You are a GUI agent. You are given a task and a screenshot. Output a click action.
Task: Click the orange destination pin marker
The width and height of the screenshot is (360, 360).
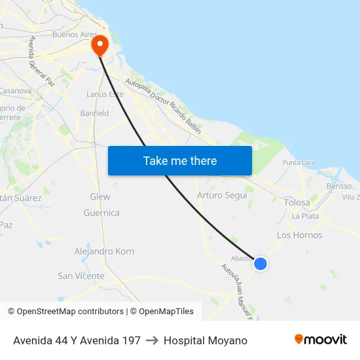click(99, 45)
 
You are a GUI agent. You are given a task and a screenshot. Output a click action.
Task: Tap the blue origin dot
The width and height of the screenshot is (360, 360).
click(261, 264)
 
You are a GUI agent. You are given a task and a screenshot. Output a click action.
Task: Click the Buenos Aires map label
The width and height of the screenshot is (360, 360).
click(75, 34)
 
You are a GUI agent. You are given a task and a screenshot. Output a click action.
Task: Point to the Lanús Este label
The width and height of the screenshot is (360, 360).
click(105, 94)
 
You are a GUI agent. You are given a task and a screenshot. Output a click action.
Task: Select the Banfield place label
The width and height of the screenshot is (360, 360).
click(94, 113)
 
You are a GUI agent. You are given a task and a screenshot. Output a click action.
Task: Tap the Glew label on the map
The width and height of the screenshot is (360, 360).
click(99, 196)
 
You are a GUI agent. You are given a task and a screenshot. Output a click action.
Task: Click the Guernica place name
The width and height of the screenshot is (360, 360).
click(101, 213)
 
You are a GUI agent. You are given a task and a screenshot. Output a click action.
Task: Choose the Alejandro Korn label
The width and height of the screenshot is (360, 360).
click(104, 251)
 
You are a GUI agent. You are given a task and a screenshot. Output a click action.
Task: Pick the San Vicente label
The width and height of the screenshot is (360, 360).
click(81, 276)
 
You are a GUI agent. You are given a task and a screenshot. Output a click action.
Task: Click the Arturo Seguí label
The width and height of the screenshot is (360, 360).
click(222, 195)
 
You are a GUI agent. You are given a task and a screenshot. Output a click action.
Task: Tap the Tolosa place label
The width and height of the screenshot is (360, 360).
click(297, 203)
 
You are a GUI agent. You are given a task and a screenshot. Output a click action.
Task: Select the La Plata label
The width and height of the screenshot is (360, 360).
click(305, 216)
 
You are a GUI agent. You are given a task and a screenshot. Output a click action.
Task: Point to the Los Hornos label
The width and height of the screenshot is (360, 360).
click(299, 235)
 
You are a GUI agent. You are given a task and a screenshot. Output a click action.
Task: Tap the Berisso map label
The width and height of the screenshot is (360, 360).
click(339, 186)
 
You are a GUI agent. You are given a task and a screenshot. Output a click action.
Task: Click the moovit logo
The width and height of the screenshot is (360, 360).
click(320, 340)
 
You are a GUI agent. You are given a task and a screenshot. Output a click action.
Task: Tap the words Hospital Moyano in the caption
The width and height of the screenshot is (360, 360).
click(206, 340)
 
